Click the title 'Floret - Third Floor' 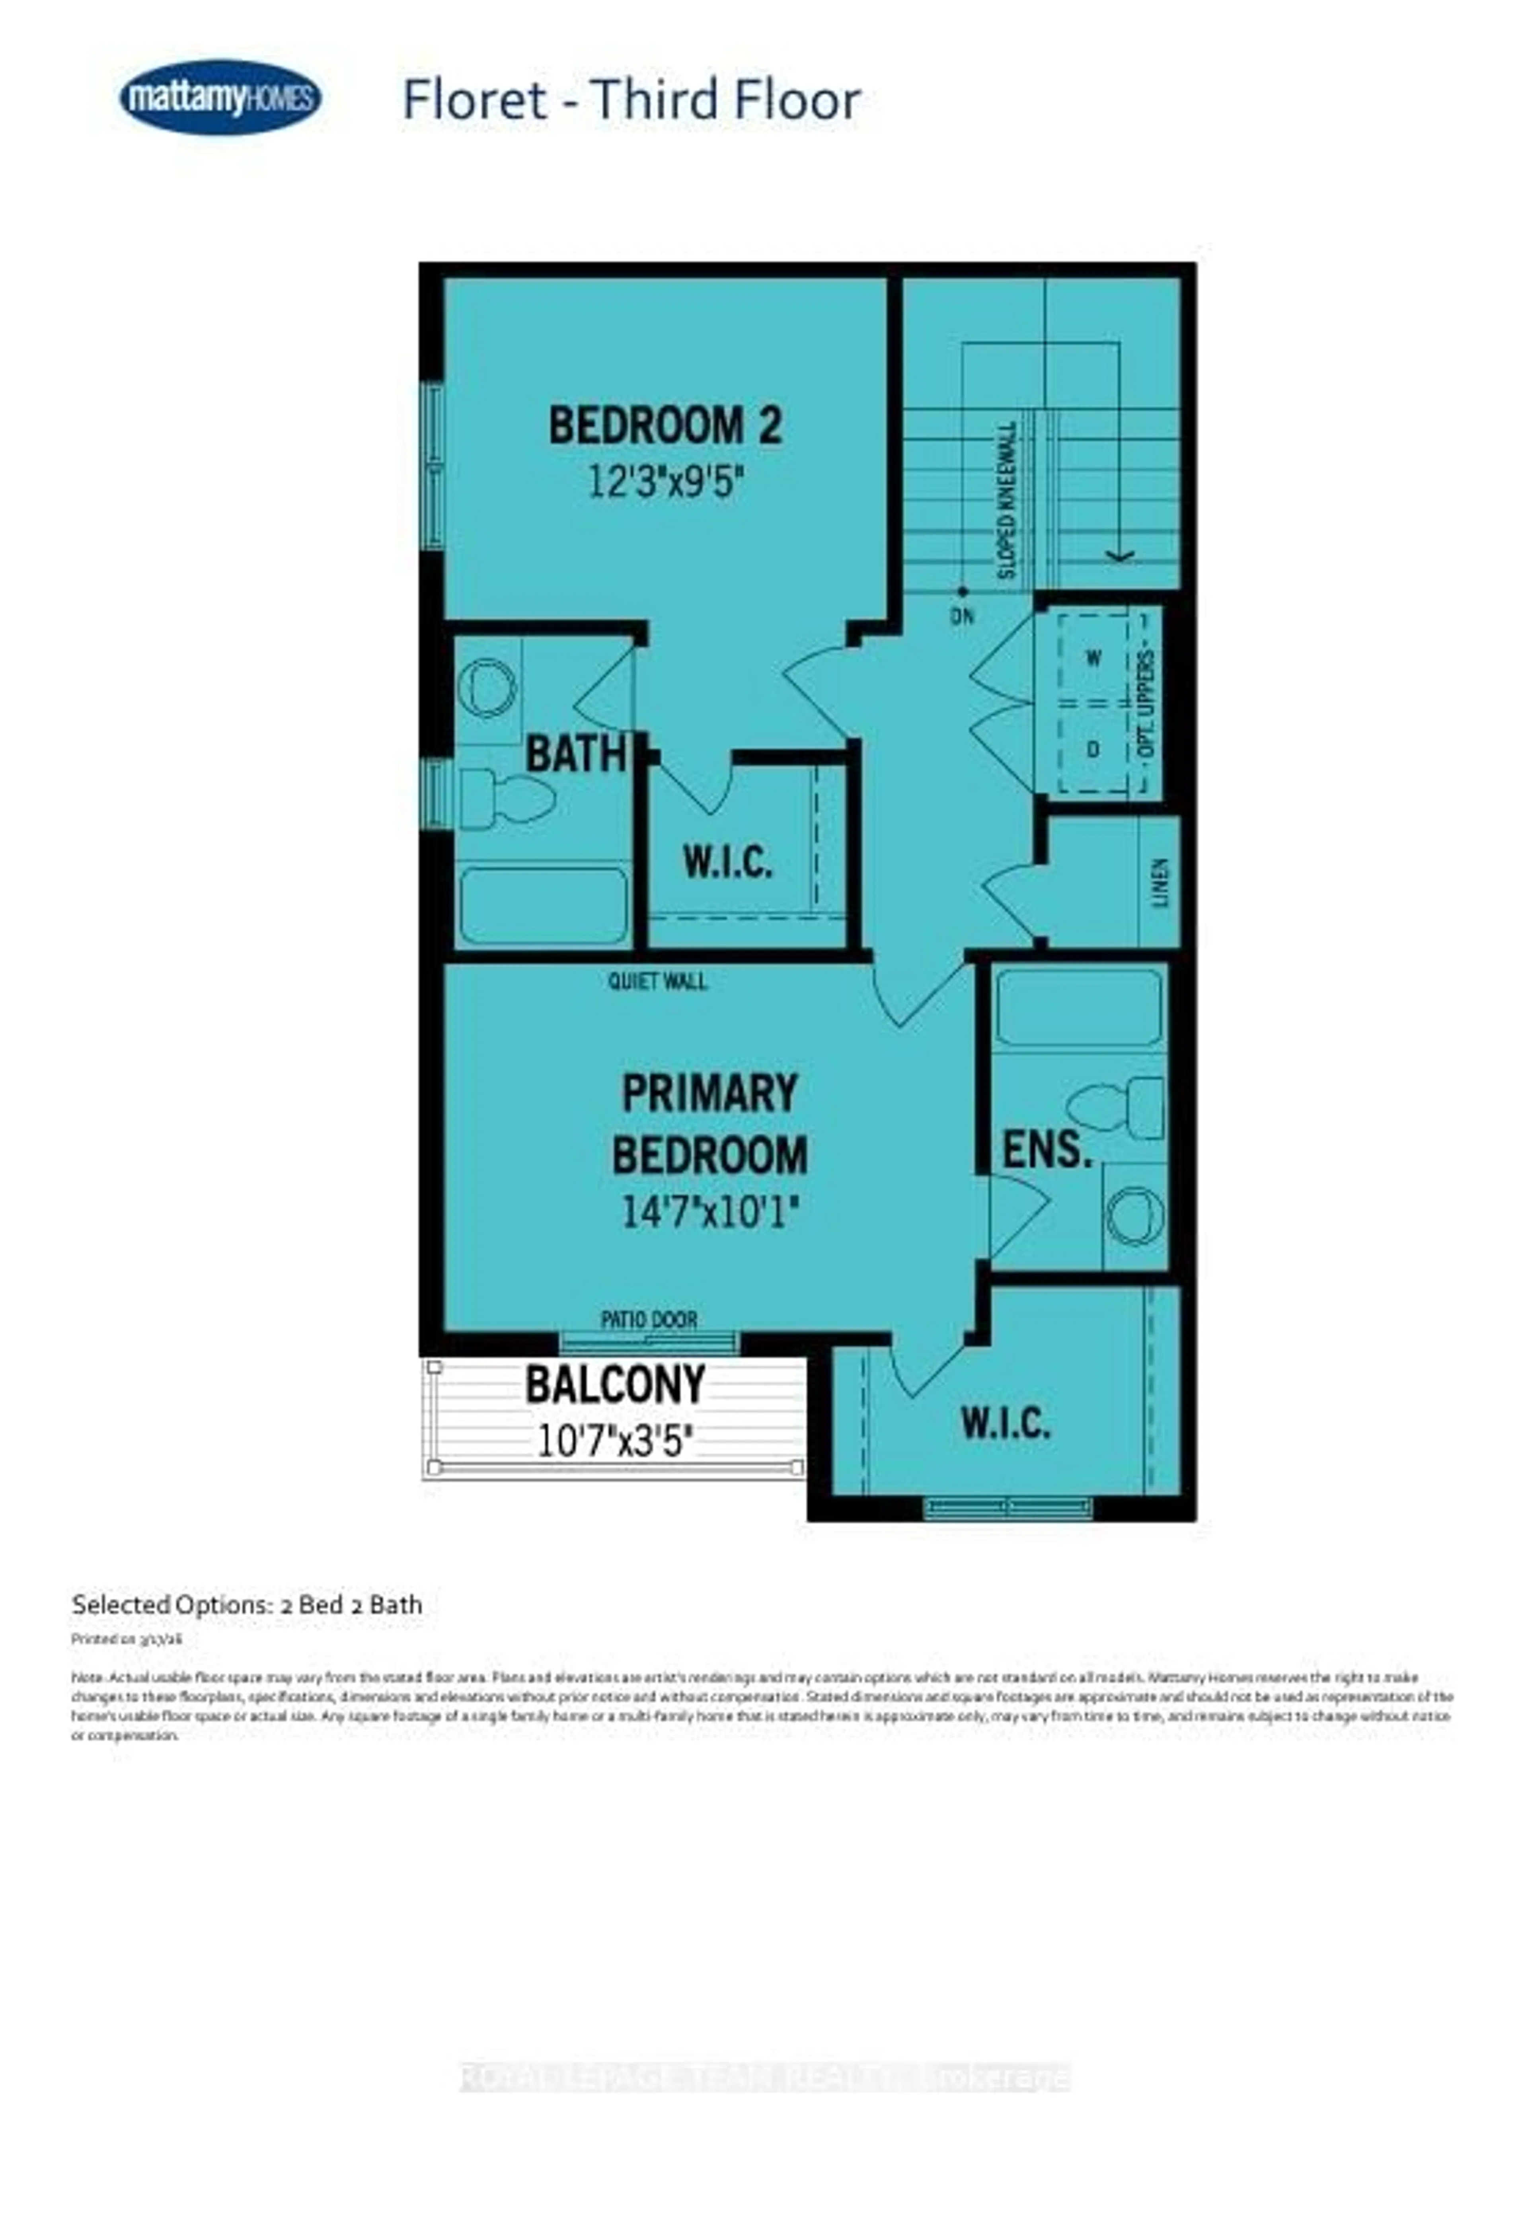631,100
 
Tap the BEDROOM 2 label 665,425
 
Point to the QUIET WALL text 657,980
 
